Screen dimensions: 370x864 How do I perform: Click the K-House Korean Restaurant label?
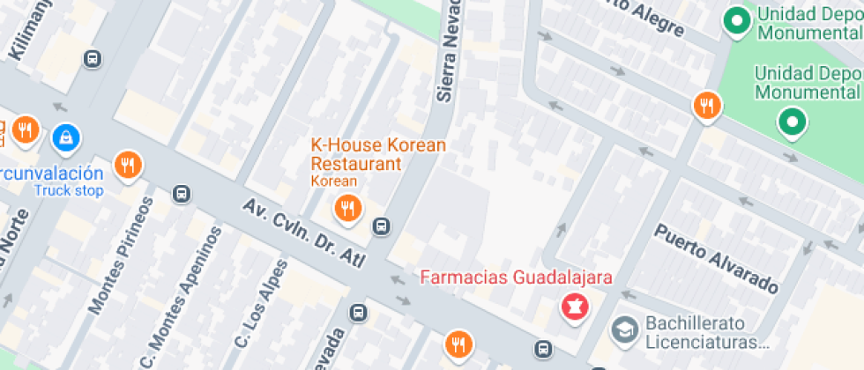coord(378,154)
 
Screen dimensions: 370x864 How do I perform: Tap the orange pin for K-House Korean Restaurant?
coord(346,209)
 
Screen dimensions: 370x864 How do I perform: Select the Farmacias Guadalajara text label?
coord(516,277)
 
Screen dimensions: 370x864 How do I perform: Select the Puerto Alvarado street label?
coord(716,258)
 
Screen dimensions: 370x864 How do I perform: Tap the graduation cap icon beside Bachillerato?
coord(625,331)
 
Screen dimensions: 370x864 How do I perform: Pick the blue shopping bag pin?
coord(65,137)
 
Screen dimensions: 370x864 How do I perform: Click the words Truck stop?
coord(69,190)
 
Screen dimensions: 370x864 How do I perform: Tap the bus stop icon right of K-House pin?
coord(381,227)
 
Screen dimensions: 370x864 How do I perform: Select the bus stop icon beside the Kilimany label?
coord(91,59)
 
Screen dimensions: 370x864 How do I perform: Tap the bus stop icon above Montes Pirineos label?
coord(182,194)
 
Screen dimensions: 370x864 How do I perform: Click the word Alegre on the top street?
coord(659,19)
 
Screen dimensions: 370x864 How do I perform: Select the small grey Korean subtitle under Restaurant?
coord(334,181)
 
